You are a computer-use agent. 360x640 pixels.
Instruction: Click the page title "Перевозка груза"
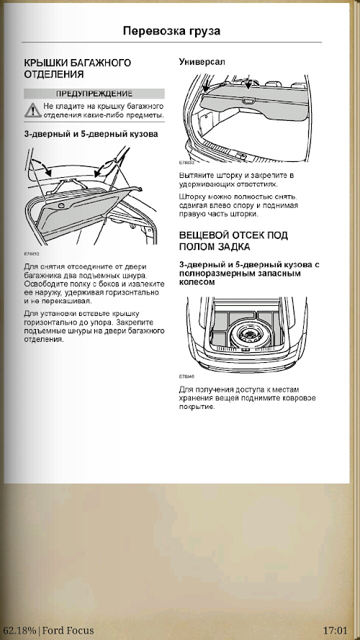(171, 31)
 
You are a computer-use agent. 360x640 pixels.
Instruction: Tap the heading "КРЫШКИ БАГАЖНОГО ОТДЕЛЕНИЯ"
(78, 68)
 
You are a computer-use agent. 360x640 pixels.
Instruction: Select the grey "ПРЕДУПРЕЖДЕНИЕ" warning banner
(94, 94)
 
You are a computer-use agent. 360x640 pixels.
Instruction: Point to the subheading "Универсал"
(202, 62)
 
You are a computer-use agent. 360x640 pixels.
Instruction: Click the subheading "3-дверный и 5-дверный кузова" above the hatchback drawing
(91, 134)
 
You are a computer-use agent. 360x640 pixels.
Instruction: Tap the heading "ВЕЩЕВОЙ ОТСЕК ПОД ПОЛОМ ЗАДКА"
(233, 241)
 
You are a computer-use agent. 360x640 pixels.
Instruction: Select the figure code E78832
(31, 253)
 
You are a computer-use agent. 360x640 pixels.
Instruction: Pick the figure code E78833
(186, 162)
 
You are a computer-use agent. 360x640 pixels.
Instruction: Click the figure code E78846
(186, 377)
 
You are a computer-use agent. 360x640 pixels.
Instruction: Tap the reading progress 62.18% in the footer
(19, 630)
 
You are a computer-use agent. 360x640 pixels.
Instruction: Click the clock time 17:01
(335, 630)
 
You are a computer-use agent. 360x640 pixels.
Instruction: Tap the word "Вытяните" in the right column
(194, 176)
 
